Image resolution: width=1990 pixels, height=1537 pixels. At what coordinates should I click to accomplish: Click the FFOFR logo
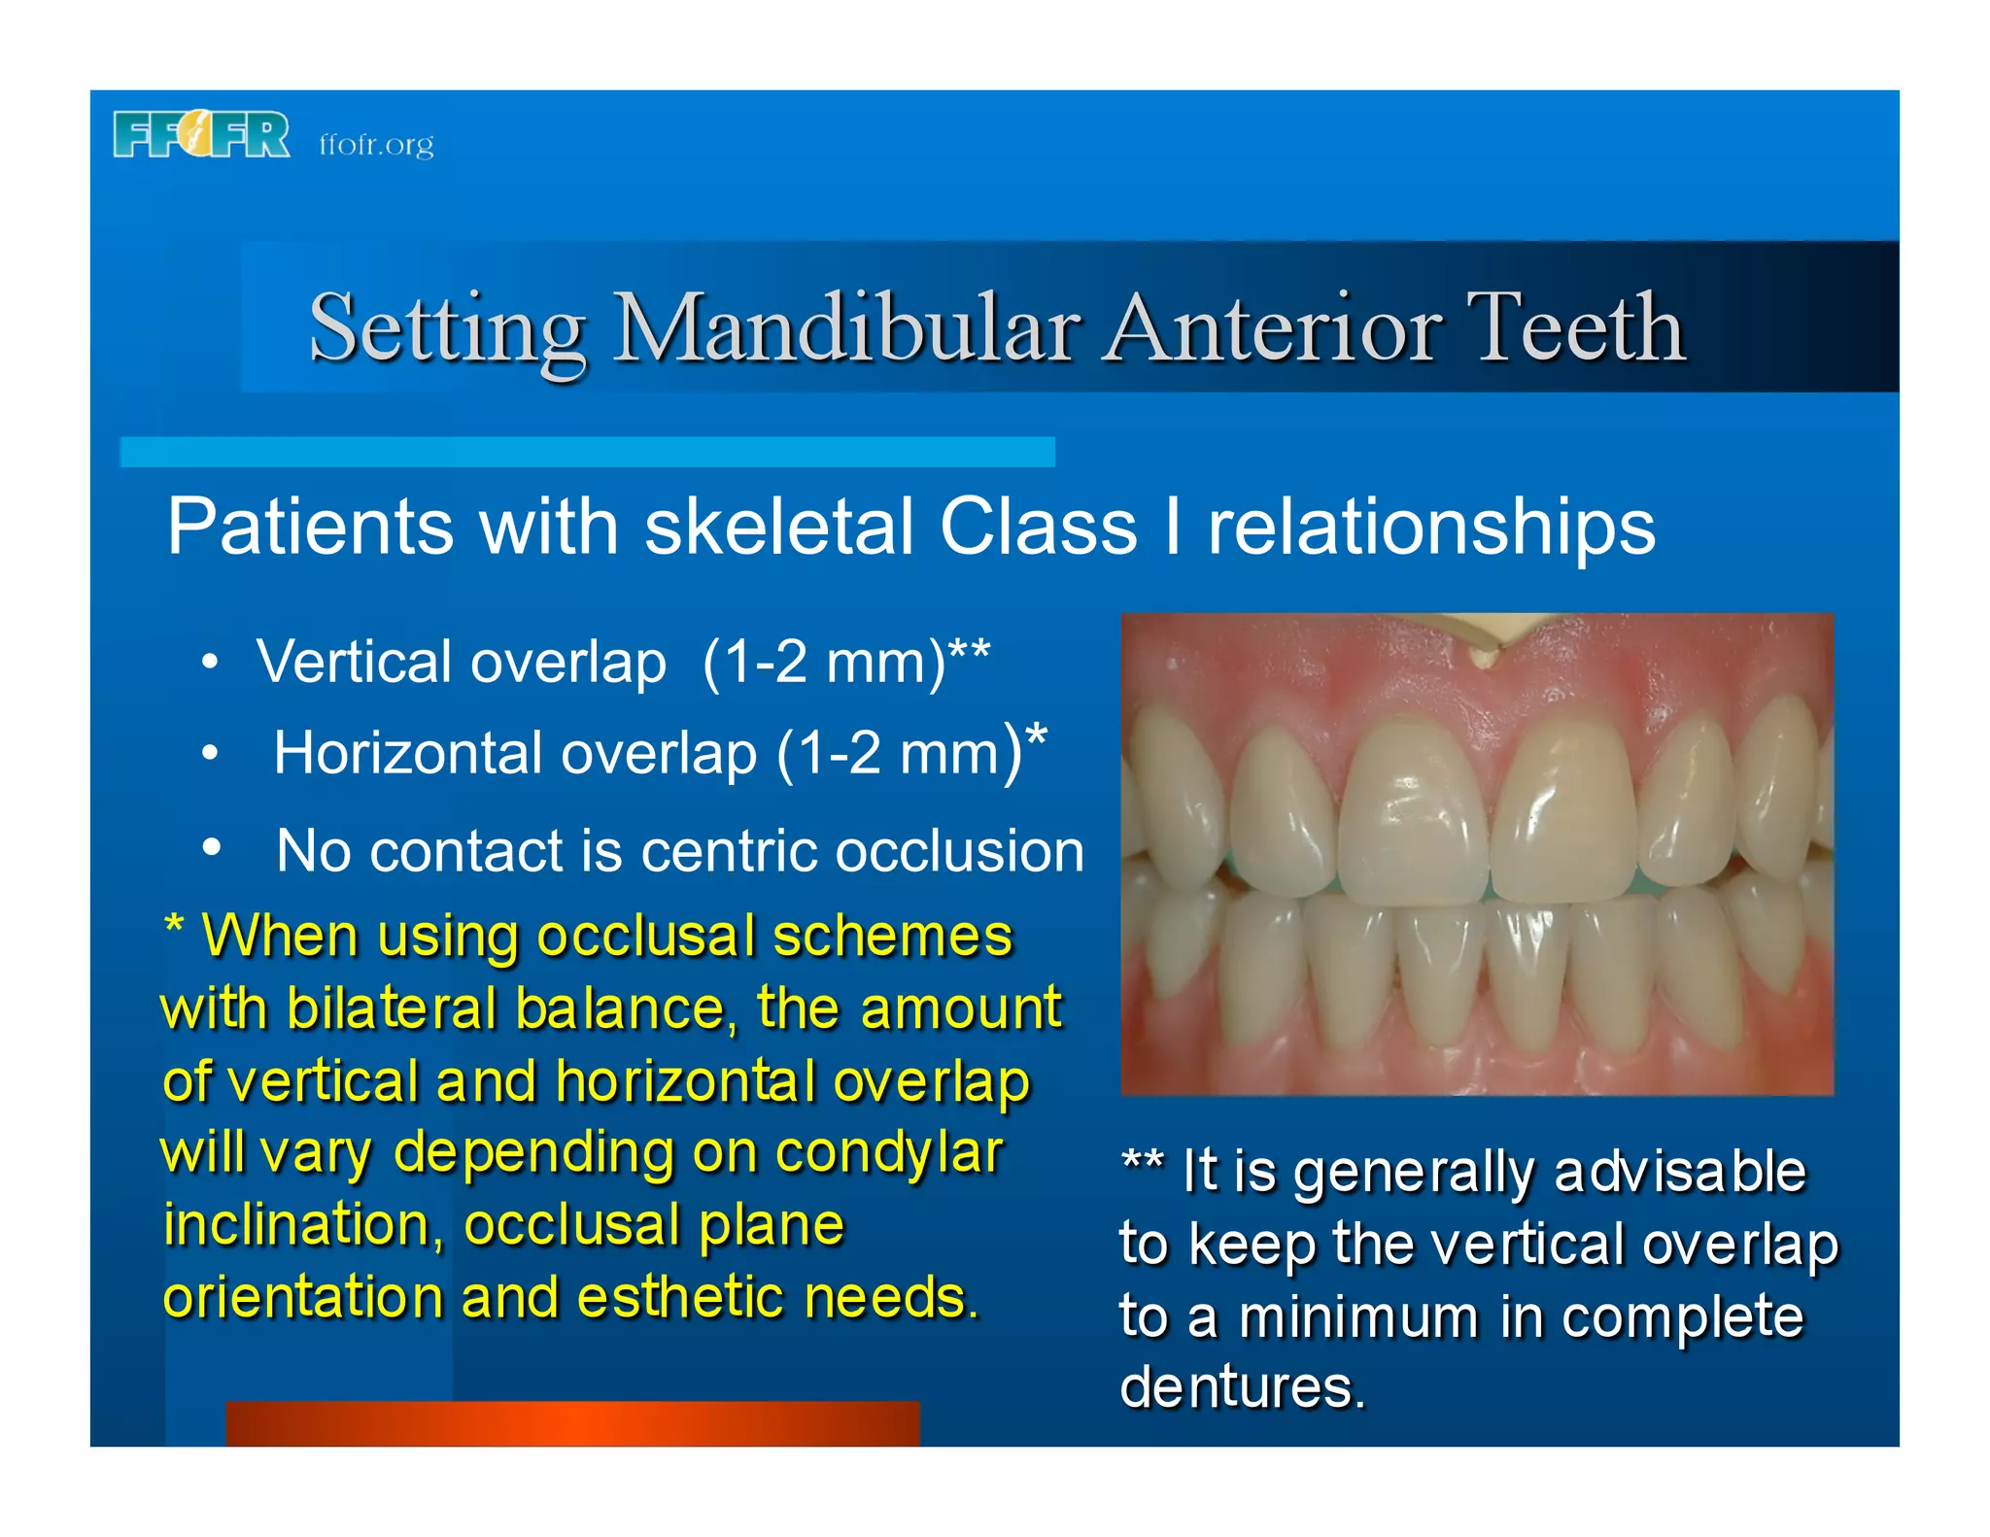[x=201, y=135]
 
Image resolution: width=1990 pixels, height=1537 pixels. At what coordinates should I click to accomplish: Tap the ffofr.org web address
[x=376, y=145]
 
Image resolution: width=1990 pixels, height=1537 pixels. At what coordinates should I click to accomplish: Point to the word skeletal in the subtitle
[x=778, y=527]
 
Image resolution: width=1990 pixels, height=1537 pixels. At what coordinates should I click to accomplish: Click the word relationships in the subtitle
[x=1430, y=527]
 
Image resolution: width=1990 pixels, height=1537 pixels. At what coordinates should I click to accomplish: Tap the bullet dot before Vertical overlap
[x=210, y=664]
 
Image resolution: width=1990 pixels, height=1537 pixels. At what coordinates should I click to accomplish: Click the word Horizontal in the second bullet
[x=407, y=753]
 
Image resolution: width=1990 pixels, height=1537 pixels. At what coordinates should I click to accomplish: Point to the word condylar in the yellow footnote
[x=888, y=1153]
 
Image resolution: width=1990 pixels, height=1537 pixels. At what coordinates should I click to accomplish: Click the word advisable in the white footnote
[x=1679, y=1171]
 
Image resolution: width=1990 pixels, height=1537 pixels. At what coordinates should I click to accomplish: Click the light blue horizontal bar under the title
[x=587, y=452]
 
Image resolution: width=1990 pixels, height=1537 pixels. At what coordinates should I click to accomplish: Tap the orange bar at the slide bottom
[x=572, y=1423]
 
